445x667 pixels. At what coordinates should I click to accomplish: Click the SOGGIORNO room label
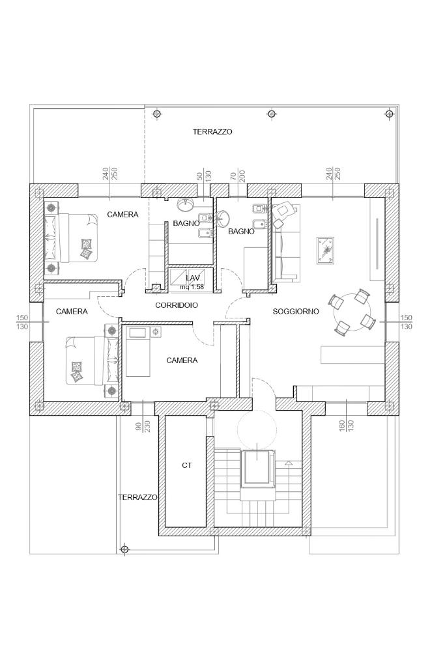[296, 312]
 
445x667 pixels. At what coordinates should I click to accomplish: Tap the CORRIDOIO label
[177, 305]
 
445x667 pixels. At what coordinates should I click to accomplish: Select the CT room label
[187, 465]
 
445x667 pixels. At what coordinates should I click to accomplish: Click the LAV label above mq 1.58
[192, 278]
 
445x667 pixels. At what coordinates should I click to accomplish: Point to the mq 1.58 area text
[192, 286]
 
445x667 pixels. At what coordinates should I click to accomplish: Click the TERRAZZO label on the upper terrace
[212, 131]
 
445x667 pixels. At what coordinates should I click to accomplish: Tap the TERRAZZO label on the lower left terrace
[137, 497]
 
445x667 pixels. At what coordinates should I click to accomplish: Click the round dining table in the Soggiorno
[351, 312]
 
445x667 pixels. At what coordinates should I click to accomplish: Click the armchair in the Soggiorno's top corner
[285, 213]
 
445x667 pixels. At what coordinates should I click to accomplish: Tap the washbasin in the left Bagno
[186, 205]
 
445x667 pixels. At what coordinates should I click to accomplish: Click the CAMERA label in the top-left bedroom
[122, 214]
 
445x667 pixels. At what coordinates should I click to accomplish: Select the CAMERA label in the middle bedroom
[182, 360]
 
